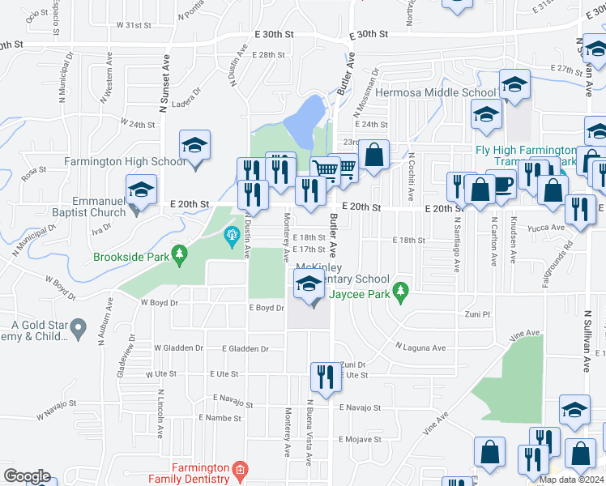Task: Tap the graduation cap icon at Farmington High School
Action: click(x=195, y=147)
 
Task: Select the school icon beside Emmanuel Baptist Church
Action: click(x=142, y=190)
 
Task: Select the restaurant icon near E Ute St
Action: click(x=322, y=376)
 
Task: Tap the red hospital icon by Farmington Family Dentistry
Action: click(x=239, y=468)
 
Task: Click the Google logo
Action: click(x=27, y=475)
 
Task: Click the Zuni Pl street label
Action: click(x=478, y=313)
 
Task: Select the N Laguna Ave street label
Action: click(x=420, y=347)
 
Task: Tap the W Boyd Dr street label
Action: click(x=159, y=303)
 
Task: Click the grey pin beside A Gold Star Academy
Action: click(x=78, y=329)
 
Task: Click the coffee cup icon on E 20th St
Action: click(x=501, y=185)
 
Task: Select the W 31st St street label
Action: click(x=136, y=25)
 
